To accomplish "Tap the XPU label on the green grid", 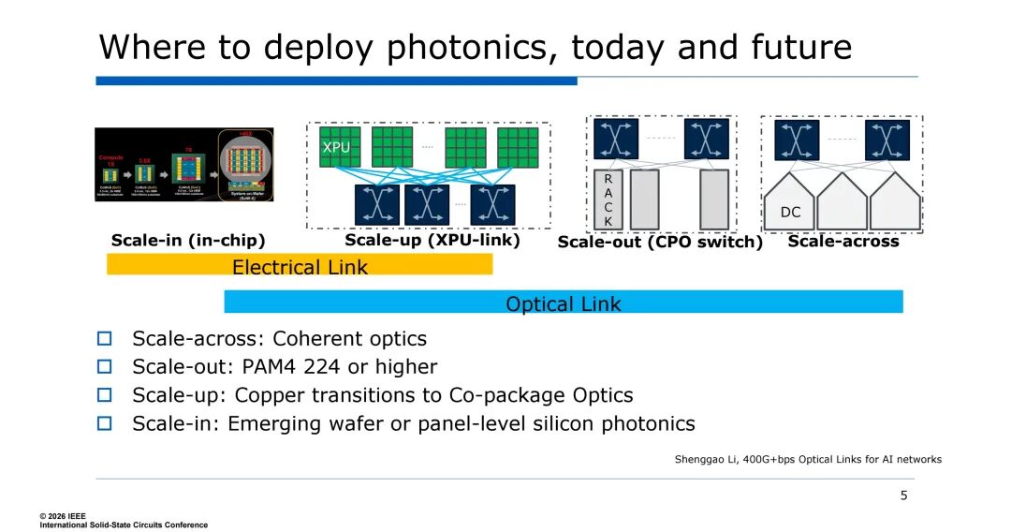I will [336, 147].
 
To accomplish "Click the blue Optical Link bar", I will [564, 303].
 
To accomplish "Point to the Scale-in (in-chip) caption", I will [188, 241].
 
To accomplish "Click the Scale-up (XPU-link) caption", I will [432, 240].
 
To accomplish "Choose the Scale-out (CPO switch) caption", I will [660, 243].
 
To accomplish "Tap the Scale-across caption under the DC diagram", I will [842, 241].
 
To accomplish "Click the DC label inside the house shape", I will [791, 213].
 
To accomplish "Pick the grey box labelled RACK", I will [608, 199].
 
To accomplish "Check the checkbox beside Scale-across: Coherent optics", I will [105, 338].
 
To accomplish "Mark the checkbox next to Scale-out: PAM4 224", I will [105, 366].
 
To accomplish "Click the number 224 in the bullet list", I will [333, 366].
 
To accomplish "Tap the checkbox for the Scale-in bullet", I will [105, 423].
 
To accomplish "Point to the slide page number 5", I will [903, 495].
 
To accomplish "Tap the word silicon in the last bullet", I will [560, 423].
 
